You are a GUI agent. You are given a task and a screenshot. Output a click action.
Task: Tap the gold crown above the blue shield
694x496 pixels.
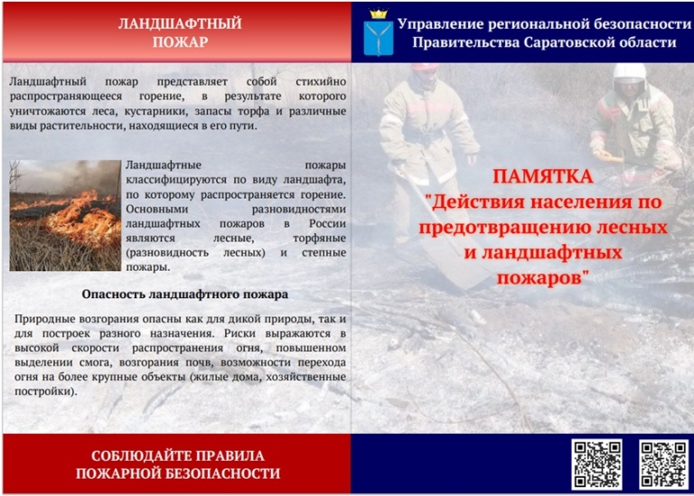379,14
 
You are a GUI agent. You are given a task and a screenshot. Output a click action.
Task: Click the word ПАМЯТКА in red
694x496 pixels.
542,176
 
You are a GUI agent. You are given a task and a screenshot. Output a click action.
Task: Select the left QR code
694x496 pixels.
596,464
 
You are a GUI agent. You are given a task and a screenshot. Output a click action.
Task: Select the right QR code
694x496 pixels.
664,464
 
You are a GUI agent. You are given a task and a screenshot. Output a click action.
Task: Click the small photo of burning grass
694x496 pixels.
65,216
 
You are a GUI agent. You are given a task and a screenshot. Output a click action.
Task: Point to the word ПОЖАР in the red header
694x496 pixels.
180,42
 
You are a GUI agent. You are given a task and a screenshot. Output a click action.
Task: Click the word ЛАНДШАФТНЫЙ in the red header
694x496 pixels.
180,23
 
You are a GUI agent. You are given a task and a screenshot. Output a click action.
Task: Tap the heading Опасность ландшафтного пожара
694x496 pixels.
185,295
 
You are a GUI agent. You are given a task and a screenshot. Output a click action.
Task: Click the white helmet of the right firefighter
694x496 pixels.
629,72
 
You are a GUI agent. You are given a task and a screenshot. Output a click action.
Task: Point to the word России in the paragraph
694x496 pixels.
327,223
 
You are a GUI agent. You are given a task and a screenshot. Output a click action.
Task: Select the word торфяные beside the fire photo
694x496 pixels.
319,239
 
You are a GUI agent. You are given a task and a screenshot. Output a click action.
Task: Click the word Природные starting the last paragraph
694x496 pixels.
44,319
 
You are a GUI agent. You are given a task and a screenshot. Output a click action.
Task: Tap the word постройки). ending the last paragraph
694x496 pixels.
46,391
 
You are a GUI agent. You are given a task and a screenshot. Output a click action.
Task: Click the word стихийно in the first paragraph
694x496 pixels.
321,82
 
